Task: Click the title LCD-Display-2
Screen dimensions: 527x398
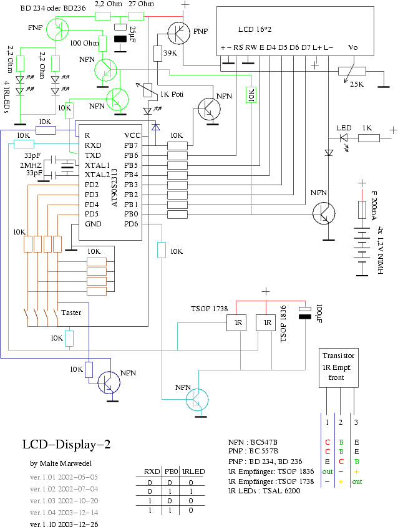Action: coord(67,445)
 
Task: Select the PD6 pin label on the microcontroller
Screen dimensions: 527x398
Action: coord(131,225)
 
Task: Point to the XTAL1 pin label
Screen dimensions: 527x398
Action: coord(97,165)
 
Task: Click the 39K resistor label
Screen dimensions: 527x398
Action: coord(170,54)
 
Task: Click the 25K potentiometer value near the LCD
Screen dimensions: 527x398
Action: coord(357,84)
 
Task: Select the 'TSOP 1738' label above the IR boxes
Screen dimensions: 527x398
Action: coord(210,309)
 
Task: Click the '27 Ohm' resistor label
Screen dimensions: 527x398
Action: coord(141,4)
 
